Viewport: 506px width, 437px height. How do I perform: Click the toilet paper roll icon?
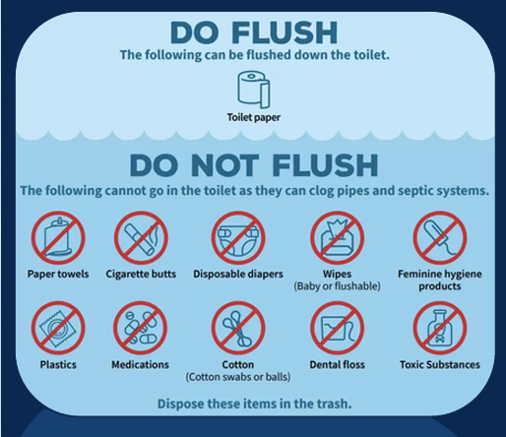point(253,90)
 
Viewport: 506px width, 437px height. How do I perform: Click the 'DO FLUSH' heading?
point(253,31)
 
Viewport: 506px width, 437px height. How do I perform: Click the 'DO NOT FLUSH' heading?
point(253,163)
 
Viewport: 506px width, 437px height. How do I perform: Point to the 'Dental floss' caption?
point(338,365)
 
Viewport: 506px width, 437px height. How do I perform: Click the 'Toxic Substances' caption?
point(440,365)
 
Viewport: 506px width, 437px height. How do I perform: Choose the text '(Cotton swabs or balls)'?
point(238,377)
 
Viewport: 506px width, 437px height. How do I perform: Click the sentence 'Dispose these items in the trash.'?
point(253,404)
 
